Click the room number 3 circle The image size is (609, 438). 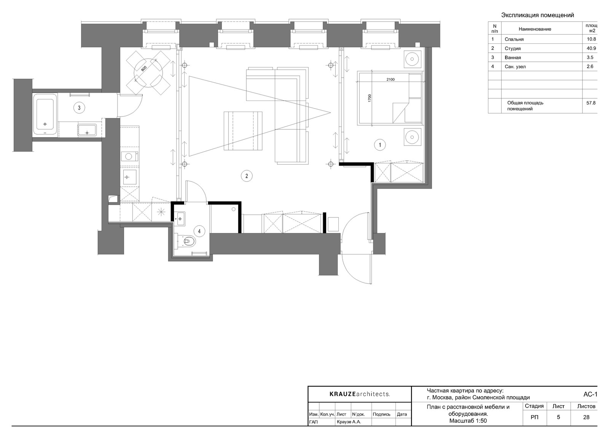79,108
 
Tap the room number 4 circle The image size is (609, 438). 199,231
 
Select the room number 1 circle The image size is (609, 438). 379,145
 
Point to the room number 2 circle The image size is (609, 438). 247,176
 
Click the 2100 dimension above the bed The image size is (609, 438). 390,80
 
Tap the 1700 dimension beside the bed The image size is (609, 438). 370,98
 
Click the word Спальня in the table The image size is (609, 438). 514,39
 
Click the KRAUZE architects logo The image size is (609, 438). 359,394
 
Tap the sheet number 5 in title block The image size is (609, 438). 558,417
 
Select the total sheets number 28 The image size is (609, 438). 586,417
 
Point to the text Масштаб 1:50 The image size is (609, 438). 468,421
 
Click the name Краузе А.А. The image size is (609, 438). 349,422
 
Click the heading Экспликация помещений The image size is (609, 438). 537,15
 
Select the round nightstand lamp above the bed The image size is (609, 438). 413,59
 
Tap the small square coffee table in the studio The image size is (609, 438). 243,131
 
